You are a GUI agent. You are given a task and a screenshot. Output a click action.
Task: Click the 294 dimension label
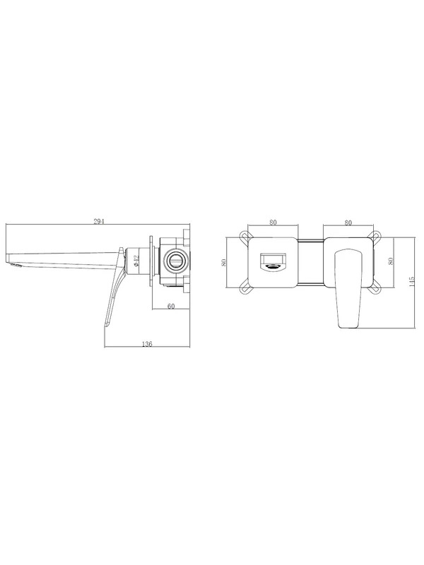pyautogui.click(x=99, y=222)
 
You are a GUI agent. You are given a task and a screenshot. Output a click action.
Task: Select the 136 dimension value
pyautogui.click(x=147, y=344)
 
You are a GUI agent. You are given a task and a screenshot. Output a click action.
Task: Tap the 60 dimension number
pyautogui.click(x=171, y=307)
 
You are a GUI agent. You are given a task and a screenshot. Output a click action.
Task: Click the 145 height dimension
pyautogui.click(x=412, y=281)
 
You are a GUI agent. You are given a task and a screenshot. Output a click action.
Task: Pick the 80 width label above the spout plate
pyautogui.click(x=273, y=222)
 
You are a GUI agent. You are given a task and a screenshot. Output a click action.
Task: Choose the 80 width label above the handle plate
pyautogui.click(x=348, y=222)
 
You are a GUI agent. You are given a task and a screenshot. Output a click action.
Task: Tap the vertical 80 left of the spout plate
pyautogui.click(x=224, y=262)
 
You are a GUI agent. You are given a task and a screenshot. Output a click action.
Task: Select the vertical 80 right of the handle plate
pyautogui.click(x=391, y=261)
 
